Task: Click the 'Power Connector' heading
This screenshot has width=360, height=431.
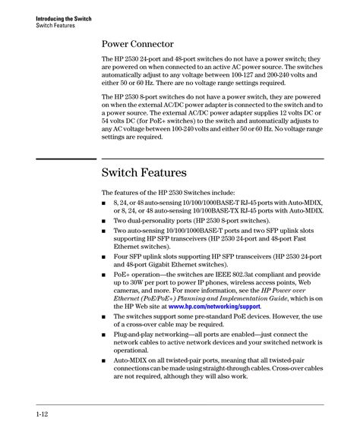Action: click(138, 44)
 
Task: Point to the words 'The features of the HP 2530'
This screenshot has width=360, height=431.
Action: click(146, 193)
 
